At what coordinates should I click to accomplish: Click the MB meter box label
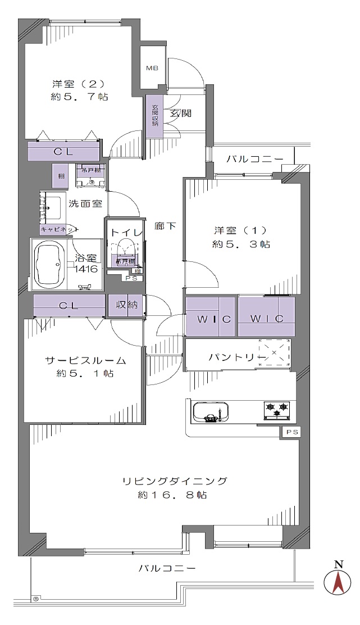coord(152,69)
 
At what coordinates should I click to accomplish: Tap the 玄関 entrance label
coord(180,113)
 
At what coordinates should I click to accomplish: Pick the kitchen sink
coord(209,411)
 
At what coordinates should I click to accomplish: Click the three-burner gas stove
coord(277,410)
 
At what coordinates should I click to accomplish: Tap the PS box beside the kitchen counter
coord(290,432)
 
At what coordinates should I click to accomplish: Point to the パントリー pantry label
coord(233,357)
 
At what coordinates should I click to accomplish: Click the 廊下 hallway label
coord(166,226)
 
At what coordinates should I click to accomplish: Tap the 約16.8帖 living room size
coord(172,495)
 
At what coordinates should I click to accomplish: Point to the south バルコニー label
coord(167,568)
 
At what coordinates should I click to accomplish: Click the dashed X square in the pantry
coord(274,352)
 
